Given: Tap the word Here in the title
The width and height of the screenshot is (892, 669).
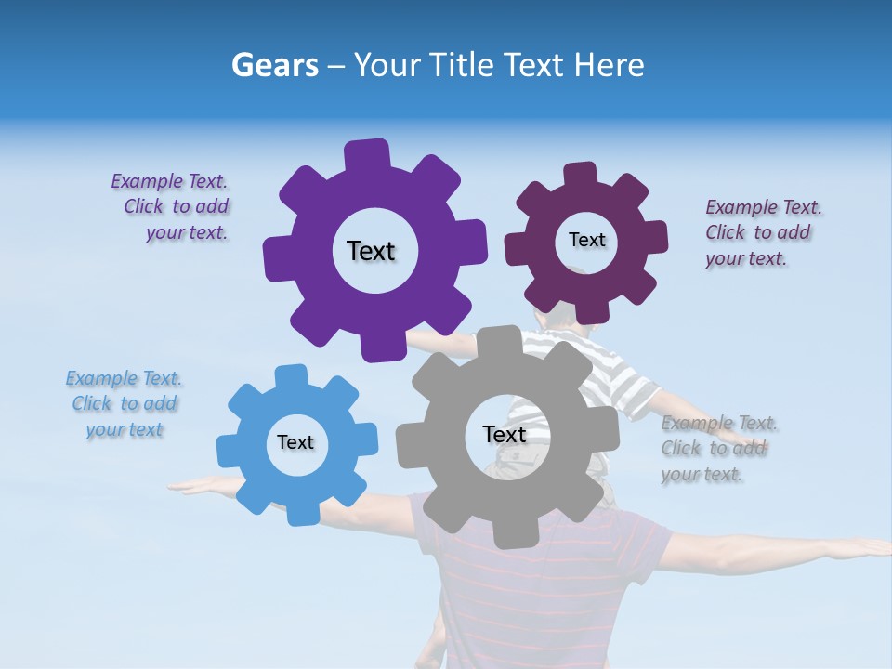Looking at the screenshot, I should (x=609, y=66).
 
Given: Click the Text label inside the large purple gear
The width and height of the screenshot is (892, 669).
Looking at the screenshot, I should (x=371, y=251).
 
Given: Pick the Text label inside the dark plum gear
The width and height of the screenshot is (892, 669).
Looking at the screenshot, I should (x=586, y=240).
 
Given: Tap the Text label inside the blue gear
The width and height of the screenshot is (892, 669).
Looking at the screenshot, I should (x=295, y=442).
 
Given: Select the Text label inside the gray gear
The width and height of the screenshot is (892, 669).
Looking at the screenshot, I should (x=505, y=435).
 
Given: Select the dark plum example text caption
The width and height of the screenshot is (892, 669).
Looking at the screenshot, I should (x=762, y=232).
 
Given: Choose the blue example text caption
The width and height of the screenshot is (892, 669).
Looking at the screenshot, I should (x=125, y=404).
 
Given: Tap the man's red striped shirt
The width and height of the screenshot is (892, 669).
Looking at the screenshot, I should (x=548, y=595).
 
